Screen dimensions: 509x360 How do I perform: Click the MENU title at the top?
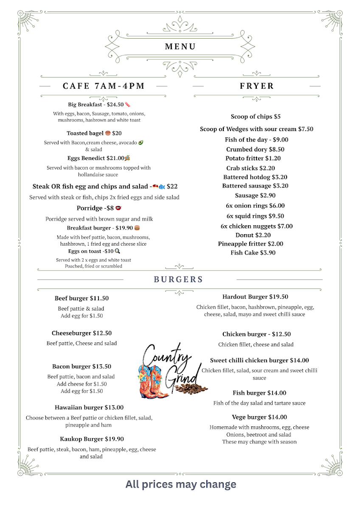pyautogui.click(x=180, y=47)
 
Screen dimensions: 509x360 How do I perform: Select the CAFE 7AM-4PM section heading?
pyautogui.click(x=104, y=86)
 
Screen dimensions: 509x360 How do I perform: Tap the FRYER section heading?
pyautogui.click(x=257, y=86)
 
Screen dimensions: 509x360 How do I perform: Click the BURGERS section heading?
pyautogui.click(x=178, y=280)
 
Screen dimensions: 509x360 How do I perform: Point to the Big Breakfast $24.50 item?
pyautogui.click(x=96, y=104)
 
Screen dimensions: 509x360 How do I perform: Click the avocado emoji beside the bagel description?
pyautogui.click(x=141, y=143)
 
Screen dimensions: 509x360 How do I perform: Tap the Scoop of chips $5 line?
pyautogui.click(x=256, y=117)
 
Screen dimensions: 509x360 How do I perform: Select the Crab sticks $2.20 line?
pyautogui.click(x=250, y=168)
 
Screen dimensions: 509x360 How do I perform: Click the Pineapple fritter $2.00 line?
pyautogui.click(x=250, y=244)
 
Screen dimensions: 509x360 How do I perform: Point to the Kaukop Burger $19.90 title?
pyautogui.click(x=92, y=439)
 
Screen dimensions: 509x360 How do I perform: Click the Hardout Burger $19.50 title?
pyautogui.click(x=255, y=297)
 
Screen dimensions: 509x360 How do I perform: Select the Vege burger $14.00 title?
pyautogui.click(x=259, y=417)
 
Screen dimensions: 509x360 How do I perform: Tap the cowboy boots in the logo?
pyautogui.click(x=153, y=384)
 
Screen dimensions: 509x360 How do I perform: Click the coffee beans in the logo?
pyautogui.click(x=191, y=388)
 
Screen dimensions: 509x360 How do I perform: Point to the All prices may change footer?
pyautogui.click(x=181, y=484)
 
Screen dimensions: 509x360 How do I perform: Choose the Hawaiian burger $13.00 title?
pyautogui.click(x=89, y=408)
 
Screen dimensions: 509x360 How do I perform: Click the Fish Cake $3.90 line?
pyautogui.click(x=253, y=253)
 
